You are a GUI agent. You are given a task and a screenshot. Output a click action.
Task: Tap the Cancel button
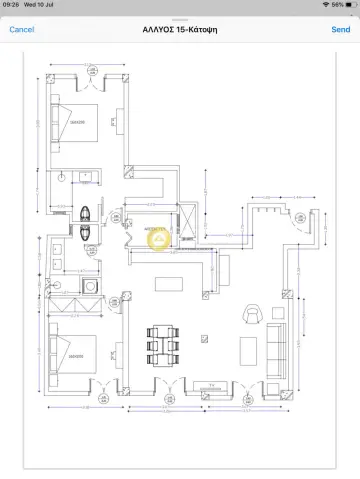pyautogui.click(x=22, y=30)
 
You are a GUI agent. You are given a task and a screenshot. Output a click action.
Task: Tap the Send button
pyautogui.click(x=340, y=30)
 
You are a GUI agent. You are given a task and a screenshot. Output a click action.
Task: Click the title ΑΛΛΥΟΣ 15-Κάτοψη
pyautogui.click(x=180, y=30)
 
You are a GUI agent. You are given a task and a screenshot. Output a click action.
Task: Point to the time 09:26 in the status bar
pyautogui.click(x=12, y=5)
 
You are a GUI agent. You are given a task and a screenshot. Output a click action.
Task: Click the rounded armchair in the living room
pyautogui.click(x=252, y=314)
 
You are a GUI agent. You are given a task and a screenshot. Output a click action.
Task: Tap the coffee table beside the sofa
pyautogui.click(x=248, y=349)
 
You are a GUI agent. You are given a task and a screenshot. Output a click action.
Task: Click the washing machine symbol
pyautogui.click(x=91, y=286)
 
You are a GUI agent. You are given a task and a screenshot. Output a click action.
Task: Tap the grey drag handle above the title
pyautogui.click(x=180, y=18)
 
